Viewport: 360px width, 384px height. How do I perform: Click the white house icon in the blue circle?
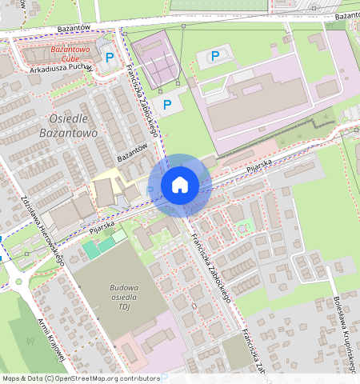[180, 185]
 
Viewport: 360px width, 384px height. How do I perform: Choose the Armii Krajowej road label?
[50, 337]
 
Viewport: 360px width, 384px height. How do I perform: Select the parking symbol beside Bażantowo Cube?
[110, 57]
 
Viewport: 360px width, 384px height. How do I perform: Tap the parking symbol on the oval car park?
[214, 55]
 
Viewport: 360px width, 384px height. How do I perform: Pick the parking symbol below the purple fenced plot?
[167, 104]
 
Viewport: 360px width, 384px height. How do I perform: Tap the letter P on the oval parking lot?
[214, 55]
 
